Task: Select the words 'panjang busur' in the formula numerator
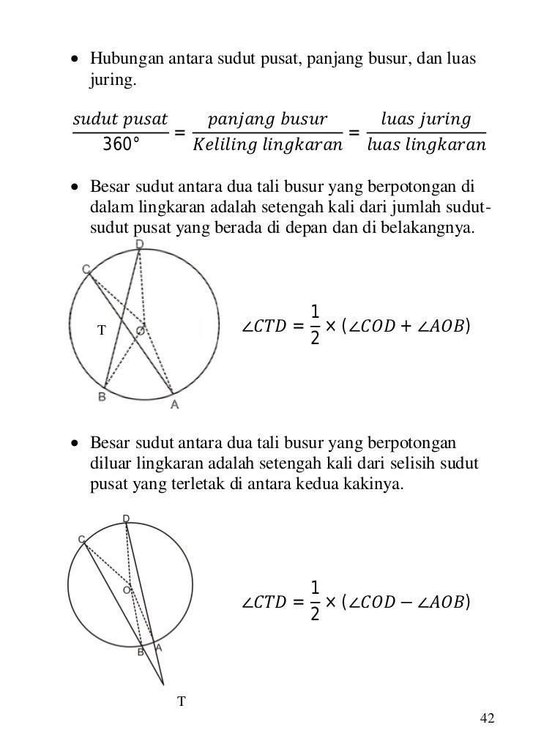point(267,119)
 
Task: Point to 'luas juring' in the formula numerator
point(426,119)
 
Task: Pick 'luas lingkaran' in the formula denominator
point(426,144)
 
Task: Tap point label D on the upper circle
point(139,243)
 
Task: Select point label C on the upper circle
point(86,269)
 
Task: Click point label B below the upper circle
point(102,397)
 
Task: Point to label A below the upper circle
point(174,403)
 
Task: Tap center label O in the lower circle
point(127,589)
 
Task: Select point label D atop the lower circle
point(126,518)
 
